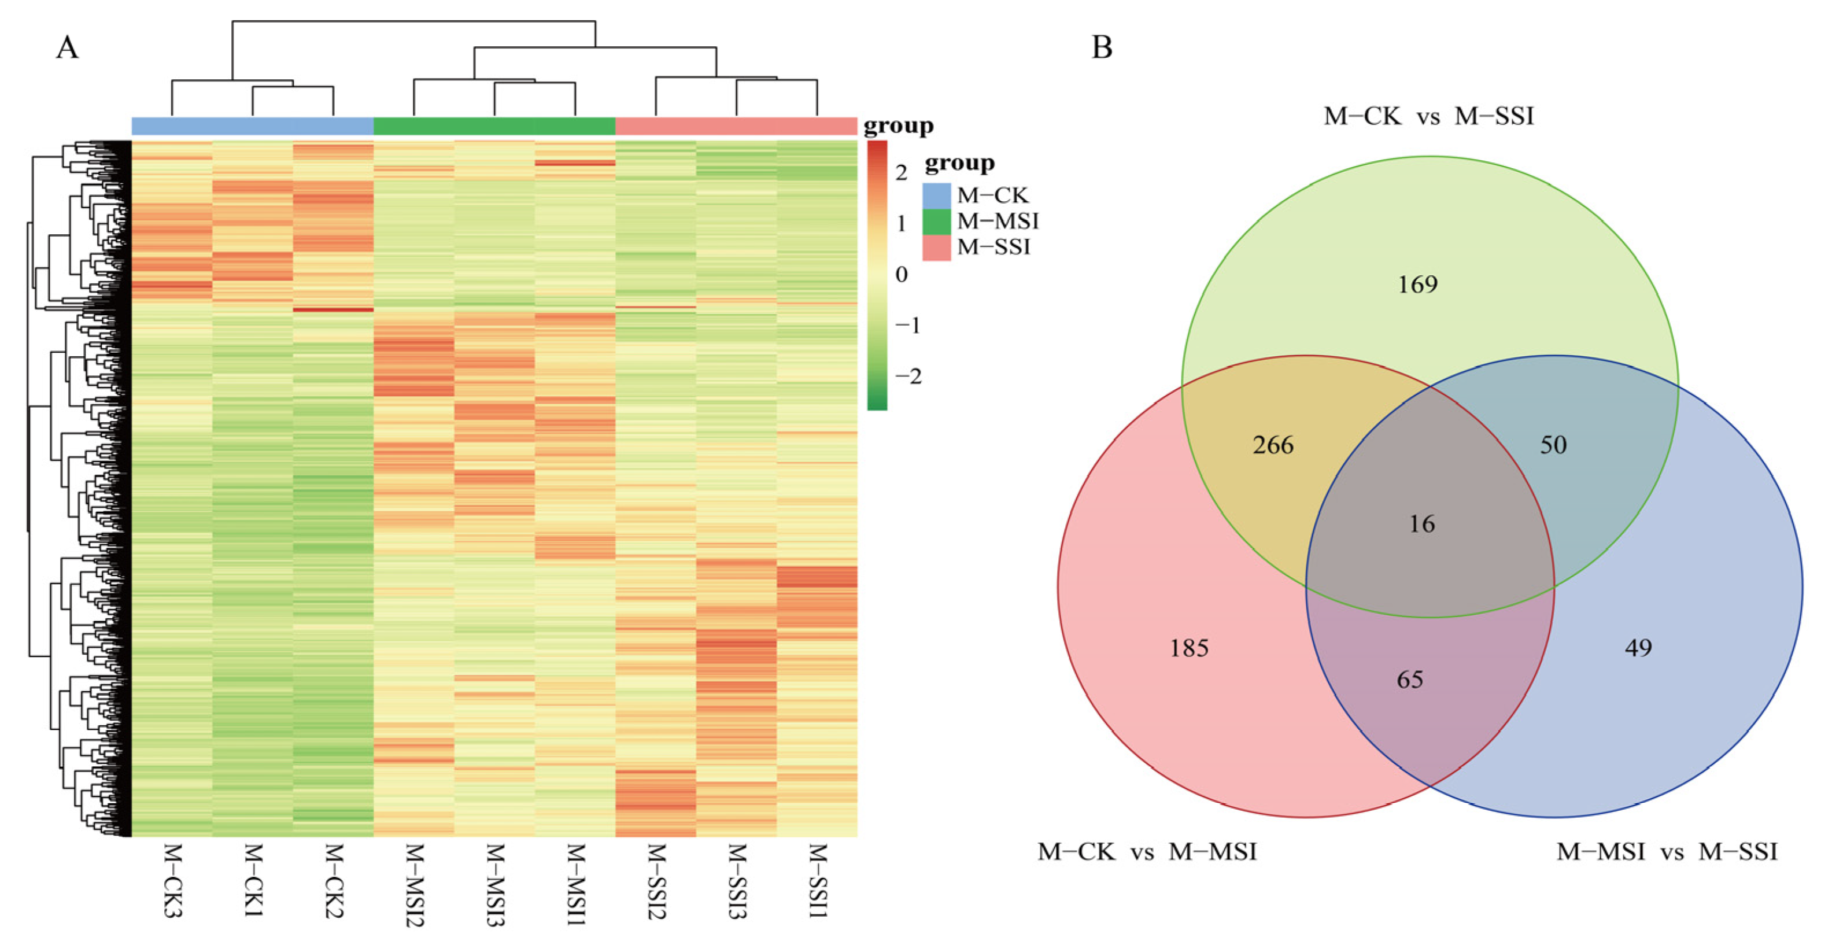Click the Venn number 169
click(1417, 284)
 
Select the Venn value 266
click(1273, 445)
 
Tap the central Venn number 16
click(1421, 524)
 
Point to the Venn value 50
click(1553, 445)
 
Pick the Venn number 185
click(1189, 648)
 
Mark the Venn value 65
click(1410, 680)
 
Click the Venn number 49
click(1638, 648)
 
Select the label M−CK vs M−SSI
click(1429, 116)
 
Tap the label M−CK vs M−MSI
click(1147, 851)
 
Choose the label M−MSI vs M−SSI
click(1666, 851)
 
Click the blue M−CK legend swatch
click(937, 195)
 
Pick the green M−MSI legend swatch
click(937, 221)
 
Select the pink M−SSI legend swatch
click(937, 248)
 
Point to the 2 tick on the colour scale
click(900, 172)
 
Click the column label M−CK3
click(172, 880)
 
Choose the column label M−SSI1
click(817, 880)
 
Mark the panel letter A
click(67, 48)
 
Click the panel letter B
click(1102, 47)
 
